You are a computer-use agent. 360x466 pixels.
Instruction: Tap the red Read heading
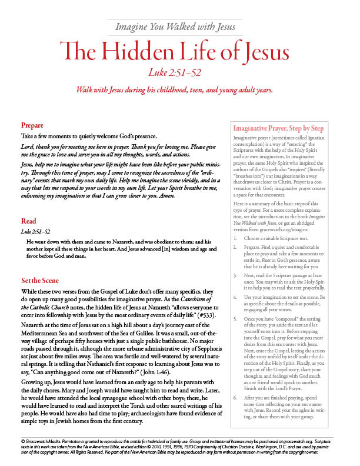(28, 221)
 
